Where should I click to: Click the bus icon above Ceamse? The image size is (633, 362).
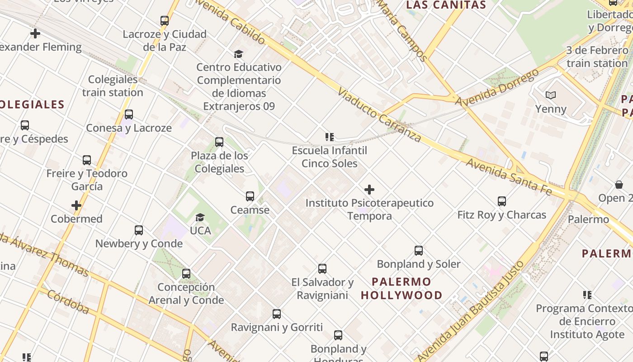(250, 196)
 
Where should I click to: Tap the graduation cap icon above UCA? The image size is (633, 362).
(200, 218)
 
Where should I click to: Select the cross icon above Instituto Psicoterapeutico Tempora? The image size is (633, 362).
(369, 190)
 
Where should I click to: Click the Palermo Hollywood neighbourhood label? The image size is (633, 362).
(402, 288)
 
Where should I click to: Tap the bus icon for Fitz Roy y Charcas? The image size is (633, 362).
(501, 201)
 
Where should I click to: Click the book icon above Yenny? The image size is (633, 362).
(550, 95)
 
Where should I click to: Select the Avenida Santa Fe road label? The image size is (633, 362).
(509, 176)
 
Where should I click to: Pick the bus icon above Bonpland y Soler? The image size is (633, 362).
(419, 251)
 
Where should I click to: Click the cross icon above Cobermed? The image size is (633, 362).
(76, 206)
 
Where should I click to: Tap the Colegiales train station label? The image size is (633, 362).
(113, 86)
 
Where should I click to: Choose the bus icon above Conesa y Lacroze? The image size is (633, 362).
(129, 114)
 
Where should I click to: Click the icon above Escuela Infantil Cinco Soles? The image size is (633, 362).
(329, 137)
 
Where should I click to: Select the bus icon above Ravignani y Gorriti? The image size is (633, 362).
(277, 314)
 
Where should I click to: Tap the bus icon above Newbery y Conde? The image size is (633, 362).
(139, 230)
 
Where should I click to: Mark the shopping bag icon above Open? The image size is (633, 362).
(619, 185)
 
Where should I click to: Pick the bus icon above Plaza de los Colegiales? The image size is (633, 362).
(219, 142)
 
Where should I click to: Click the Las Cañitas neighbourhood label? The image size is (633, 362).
(446, 5)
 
